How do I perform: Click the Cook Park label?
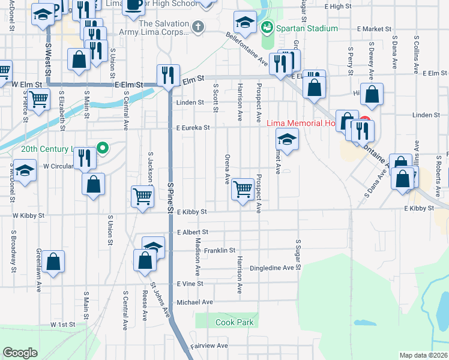(235, 322)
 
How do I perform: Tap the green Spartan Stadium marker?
(267, 28)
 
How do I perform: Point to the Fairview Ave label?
(209, 346)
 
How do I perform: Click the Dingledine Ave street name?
(271, 268)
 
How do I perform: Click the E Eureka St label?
(193, 128)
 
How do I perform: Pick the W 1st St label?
(62, 325)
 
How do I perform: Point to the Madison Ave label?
(197, 251)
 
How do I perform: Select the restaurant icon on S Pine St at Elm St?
(167, 74)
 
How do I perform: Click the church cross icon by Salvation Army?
(197, 27)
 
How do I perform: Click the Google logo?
(20, 353)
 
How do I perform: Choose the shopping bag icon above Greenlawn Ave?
(53, 260)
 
